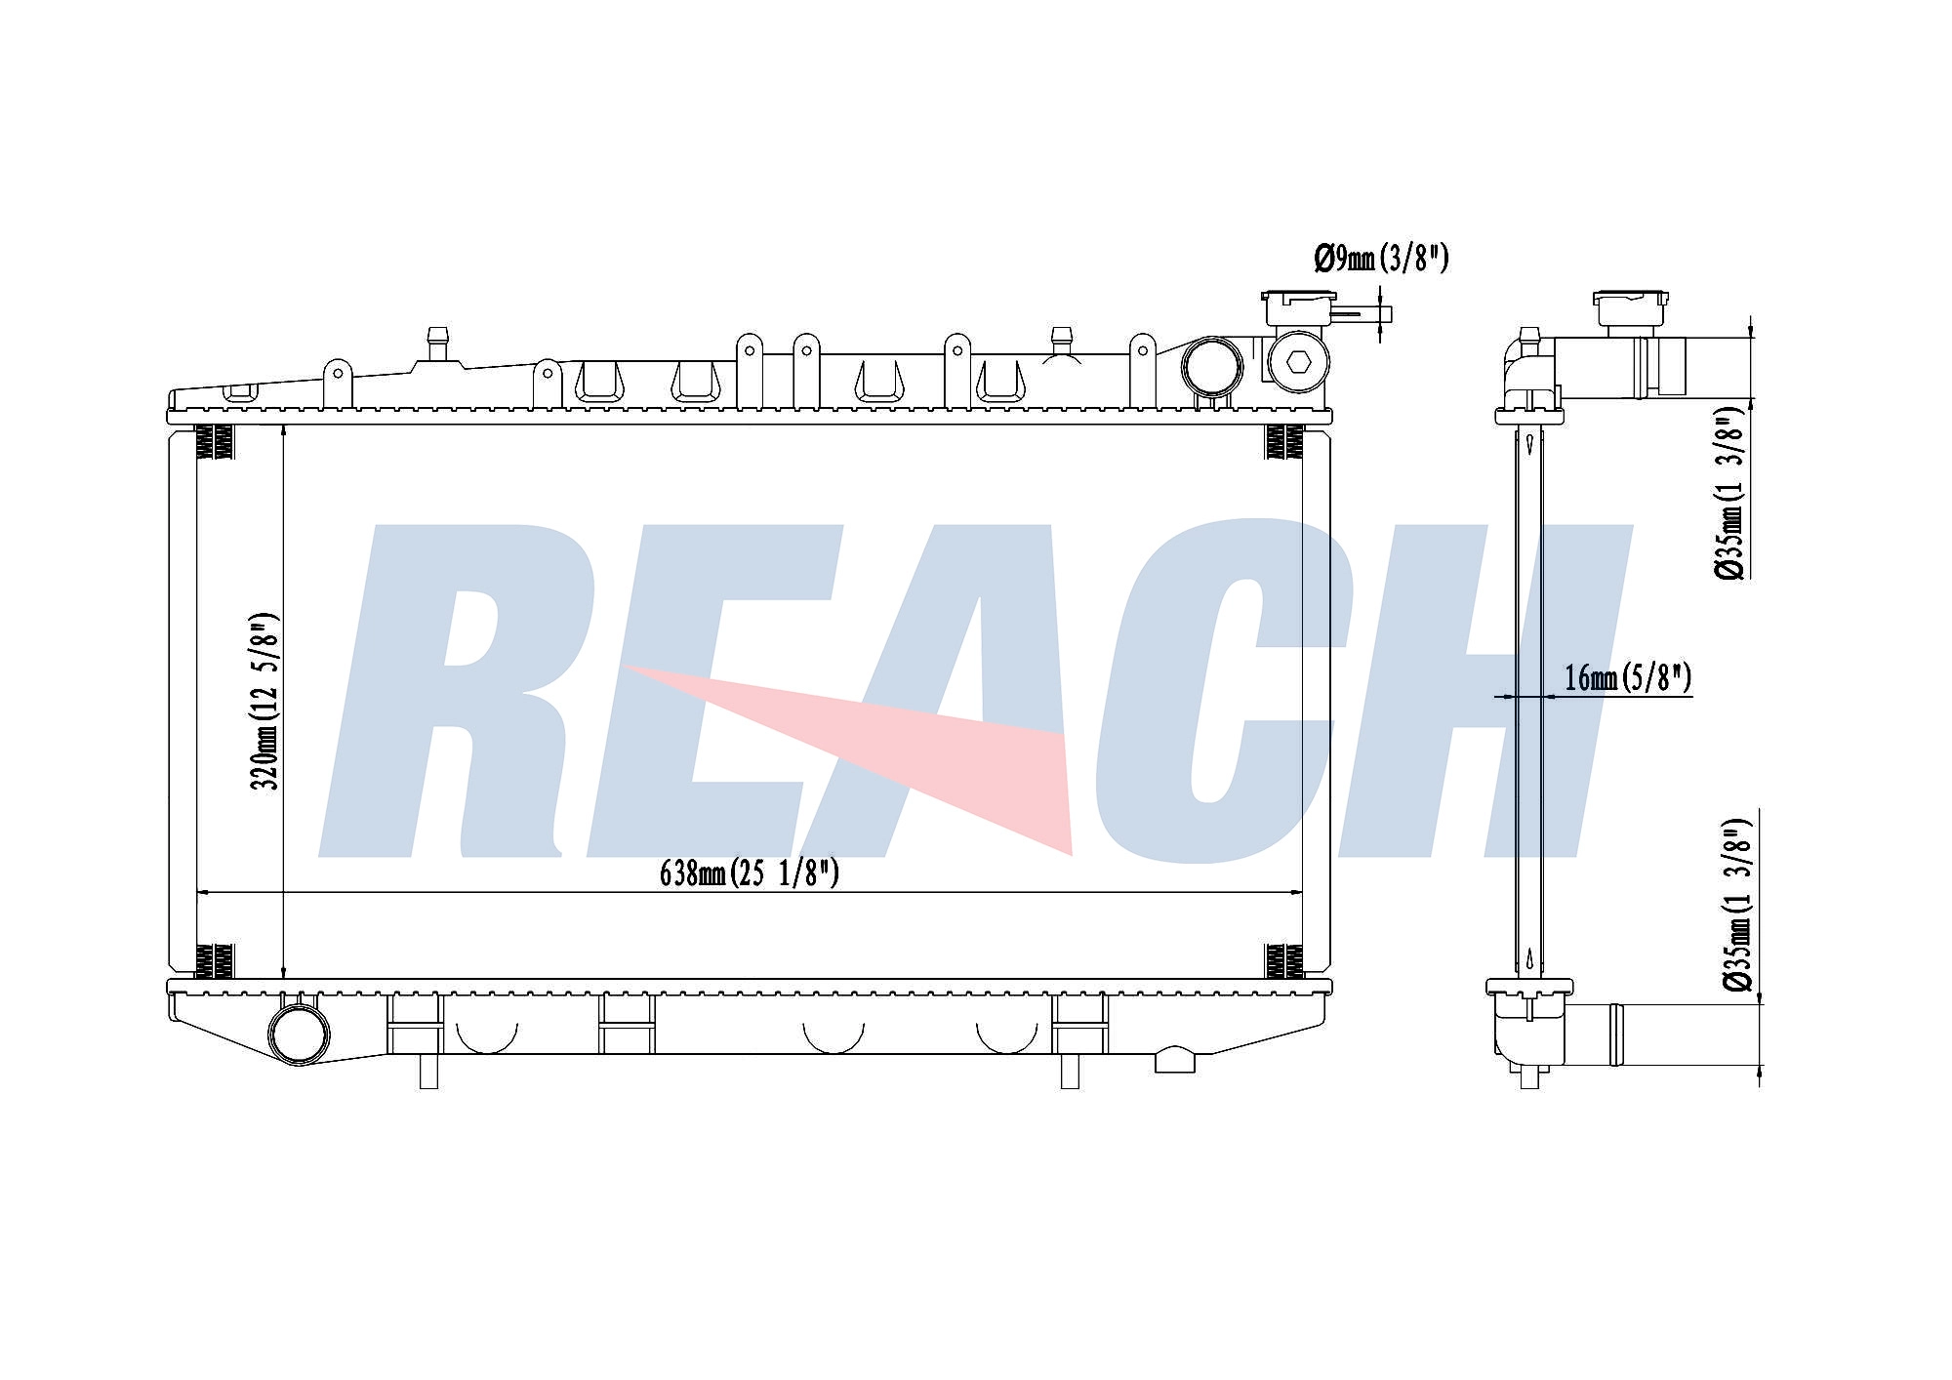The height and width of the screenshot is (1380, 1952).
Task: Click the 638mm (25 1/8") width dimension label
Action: pos(750,873)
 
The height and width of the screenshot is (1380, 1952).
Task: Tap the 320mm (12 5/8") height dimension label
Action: pos(265,701)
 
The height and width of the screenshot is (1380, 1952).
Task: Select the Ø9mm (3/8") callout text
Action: pos(1381,259)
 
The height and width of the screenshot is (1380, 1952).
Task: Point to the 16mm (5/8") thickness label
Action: pos(1628,677)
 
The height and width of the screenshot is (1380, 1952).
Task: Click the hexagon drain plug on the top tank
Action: pos(1297,362)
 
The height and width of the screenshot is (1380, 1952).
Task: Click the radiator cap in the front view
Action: pos(1300,308)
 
